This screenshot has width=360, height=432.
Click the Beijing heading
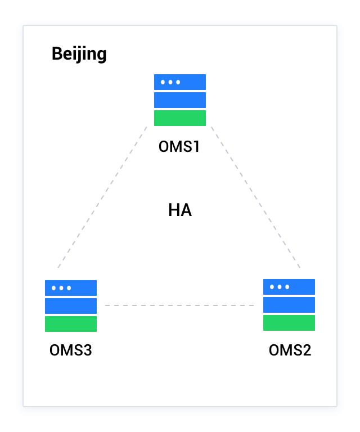[79, 54]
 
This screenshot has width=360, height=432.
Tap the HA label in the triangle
[180, 210]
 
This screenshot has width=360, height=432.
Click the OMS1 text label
[180, 147]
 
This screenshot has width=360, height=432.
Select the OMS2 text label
[290, 350]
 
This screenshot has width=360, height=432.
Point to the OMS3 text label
[71, 350]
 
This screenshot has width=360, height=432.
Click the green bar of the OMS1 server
[180, 118]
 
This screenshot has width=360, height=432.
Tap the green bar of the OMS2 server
[289, 323]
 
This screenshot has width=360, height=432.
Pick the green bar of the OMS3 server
[71, 324]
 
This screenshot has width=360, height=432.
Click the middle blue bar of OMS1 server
[180, 100]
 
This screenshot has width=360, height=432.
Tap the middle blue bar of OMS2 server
[289, 305]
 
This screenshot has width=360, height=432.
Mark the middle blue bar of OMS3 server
[71, 306]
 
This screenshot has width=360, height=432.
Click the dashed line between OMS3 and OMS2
[180, 305]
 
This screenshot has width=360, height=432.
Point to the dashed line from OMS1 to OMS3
[102, 197]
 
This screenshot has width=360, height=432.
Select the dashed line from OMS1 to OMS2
[256, 197]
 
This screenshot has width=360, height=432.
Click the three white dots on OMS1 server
[170, 82]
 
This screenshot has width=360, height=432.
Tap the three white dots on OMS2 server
[280, 287]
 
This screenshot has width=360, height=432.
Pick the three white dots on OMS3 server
[61, 288]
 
